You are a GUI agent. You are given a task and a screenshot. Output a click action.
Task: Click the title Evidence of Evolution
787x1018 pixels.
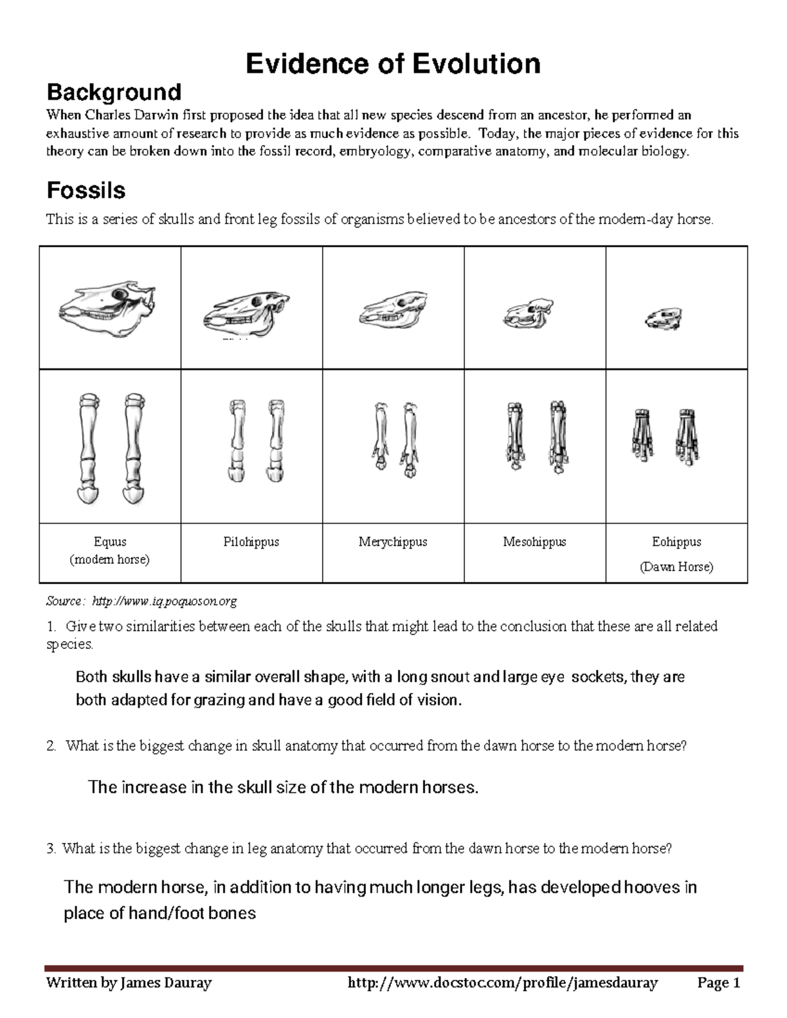[393, 64]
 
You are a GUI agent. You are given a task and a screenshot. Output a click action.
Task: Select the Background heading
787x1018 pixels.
[113, 92]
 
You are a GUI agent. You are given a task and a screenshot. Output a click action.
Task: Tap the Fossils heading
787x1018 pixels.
[85, 191]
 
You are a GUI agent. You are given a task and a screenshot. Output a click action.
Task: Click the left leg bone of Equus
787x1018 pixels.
[88, 448]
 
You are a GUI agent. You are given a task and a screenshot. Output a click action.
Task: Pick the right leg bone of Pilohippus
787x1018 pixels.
[275, 440]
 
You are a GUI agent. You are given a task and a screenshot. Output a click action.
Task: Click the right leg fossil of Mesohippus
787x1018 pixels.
[558, 435]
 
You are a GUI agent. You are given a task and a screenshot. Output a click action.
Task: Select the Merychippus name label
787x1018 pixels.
[393, 542]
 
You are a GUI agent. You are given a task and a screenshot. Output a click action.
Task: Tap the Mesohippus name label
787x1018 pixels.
[535, 542]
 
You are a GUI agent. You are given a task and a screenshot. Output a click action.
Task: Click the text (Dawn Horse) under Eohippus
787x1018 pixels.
[676, 567]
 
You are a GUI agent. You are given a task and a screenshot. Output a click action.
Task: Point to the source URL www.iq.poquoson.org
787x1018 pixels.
[164, 601]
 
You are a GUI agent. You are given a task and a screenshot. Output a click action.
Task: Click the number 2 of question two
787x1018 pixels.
[50, 747]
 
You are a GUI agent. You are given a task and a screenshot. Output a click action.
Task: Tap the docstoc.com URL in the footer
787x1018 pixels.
[502, 983]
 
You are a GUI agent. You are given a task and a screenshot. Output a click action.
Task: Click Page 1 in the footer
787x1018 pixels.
[719, 983]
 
